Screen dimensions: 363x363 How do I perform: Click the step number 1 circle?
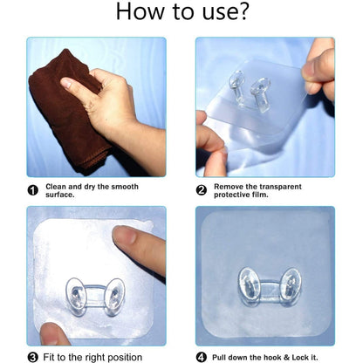click(33, 189)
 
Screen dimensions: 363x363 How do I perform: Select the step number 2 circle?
click(201, 189)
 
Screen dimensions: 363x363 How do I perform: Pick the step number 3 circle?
click(33, 357)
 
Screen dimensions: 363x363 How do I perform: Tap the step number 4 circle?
click(201, 357)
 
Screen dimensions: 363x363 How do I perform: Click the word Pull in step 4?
click(220, 357)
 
